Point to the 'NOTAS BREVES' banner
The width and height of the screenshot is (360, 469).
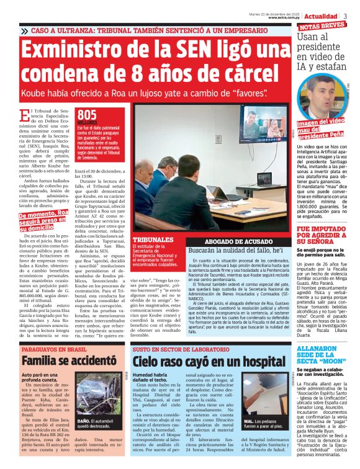[322, 25]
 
